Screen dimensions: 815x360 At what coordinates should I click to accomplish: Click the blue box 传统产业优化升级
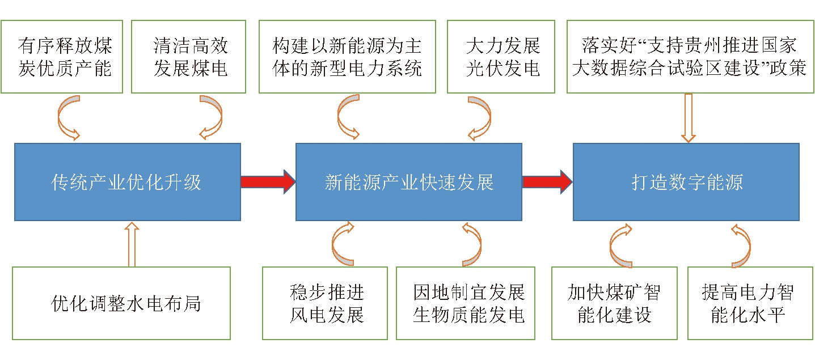tap(128, 182)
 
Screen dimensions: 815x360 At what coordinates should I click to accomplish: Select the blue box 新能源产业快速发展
tap(408, 182)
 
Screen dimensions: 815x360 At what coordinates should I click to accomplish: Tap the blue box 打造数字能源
tap(686, 182)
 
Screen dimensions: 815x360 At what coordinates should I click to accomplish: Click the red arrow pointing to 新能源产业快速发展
tap(268, 181)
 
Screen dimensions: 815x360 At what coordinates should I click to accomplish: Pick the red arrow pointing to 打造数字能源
tap(547, 181)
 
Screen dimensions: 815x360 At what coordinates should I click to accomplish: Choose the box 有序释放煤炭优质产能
tap(62, 57)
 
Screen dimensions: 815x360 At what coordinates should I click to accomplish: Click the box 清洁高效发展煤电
tap(188, 57)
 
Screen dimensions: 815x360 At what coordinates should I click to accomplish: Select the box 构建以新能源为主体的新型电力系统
tap(347, 57)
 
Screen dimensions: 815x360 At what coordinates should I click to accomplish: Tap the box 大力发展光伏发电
tap(501, 57)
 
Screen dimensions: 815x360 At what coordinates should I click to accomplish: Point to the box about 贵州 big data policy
tap(691, 57)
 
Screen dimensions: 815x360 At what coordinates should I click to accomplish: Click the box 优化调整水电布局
tap(121, 303)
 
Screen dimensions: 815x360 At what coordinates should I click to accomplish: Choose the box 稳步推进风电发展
tap(325, 303)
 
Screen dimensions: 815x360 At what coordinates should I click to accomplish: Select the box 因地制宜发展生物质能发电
tap(466, 303)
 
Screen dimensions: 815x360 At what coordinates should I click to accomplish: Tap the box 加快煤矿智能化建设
tap(614, 303)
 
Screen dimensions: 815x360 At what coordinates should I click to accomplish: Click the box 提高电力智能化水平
tap(750, 303)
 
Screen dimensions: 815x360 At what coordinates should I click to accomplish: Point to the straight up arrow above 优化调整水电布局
tap(132, 244)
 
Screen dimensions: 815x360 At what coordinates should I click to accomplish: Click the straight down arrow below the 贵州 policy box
tap(689, 118)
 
